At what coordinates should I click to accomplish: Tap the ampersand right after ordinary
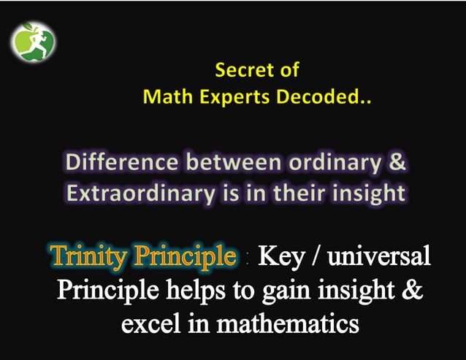(x=397, y=162)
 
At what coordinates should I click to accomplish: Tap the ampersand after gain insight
(x=413, y=290)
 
